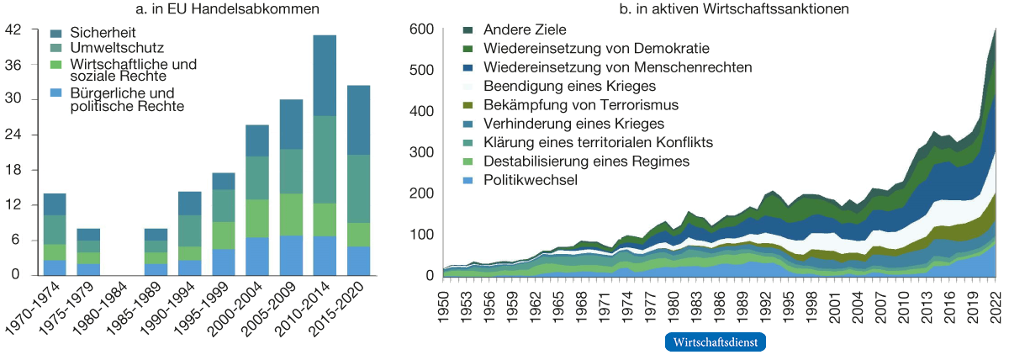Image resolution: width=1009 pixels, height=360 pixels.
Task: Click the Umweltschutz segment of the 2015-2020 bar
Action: (x=370, y=188)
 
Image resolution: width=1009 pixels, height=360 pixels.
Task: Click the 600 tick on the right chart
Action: (x=421, y=29)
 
